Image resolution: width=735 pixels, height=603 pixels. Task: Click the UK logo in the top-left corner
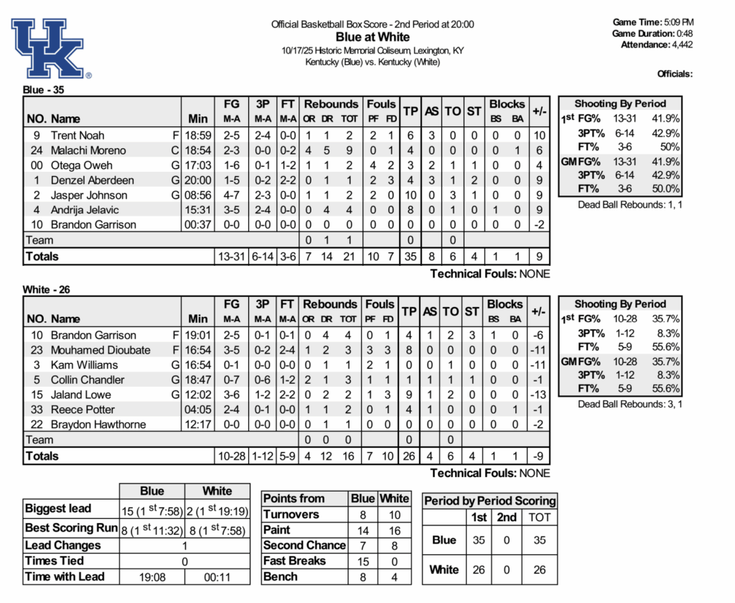click(50, 48)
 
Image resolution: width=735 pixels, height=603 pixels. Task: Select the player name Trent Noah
click(78, 135)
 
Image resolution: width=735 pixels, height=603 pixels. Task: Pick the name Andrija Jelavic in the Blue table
click(85, 210)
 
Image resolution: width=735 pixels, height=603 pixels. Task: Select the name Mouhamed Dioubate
click(100, 350)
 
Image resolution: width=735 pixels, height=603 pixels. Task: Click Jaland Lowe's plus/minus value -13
click(538, 395)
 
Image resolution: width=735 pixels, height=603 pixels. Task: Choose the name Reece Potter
click(83, 410)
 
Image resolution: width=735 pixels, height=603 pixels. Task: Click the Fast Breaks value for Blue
click(362, 561)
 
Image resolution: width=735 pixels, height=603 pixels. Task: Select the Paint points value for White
click(394, 530)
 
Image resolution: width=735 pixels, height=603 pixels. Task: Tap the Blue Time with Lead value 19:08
click(151, 576)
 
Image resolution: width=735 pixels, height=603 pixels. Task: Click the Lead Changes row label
click(63, 545)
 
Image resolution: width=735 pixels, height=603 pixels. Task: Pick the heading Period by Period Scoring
click(490, 501)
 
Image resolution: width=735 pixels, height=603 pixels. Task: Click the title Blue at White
click(373, 37)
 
